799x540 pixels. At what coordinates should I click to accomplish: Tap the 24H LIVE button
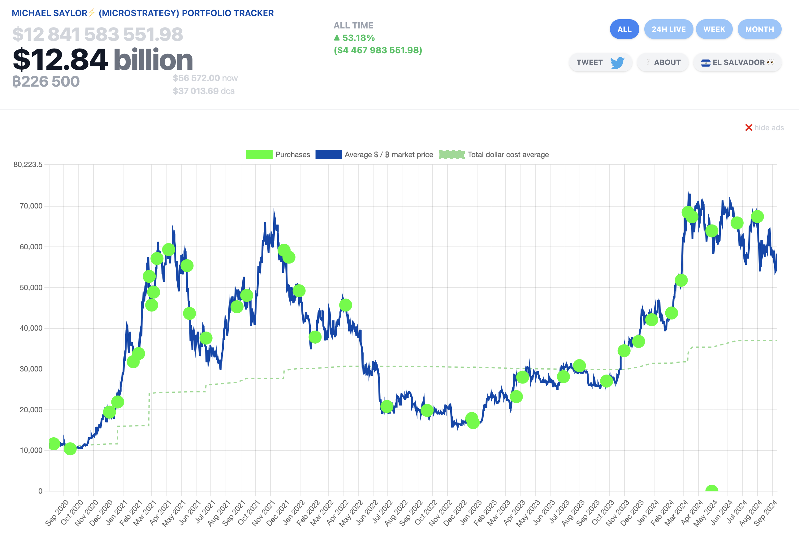coord(668,29)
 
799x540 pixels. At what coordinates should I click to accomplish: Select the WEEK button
coord(714,29)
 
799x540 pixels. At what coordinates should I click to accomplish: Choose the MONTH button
coord(759,29)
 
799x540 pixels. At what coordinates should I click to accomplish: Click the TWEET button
coord(600,62)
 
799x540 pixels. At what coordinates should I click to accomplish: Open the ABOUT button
coord(663,62)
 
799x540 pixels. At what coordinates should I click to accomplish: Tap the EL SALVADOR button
coord(737,62)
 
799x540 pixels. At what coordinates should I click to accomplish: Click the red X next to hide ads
coord(749,127)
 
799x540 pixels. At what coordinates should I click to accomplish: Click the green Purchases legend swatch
coord(259,155)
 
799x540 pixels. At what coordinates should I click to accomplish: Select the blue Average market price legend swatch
coord(328,155)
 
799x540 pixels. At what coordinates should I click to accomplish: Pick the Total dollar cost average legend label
coord(508,155)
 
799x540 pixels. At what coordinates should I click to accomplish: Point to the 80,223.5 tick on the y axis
coord(28,165)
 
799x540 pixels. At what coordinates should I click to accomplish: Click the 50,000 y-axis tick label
coord(31,288)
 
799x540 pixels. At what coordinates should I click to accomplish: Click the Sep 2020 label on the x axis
coord(57,512)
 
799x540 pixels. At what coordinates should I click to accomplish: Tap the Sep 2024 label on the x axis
coord(765,512)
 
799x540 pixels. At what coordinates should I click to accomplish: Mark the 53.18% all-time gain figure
coord(358,38)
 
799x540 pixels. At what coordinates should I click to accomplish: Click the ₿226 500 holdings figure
coord(46,82)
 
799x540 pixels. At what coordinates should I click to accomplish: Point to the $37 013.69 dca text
coord(204,91)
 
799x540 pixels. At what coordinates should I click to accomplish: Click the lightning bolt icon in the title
coord(92,13)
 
